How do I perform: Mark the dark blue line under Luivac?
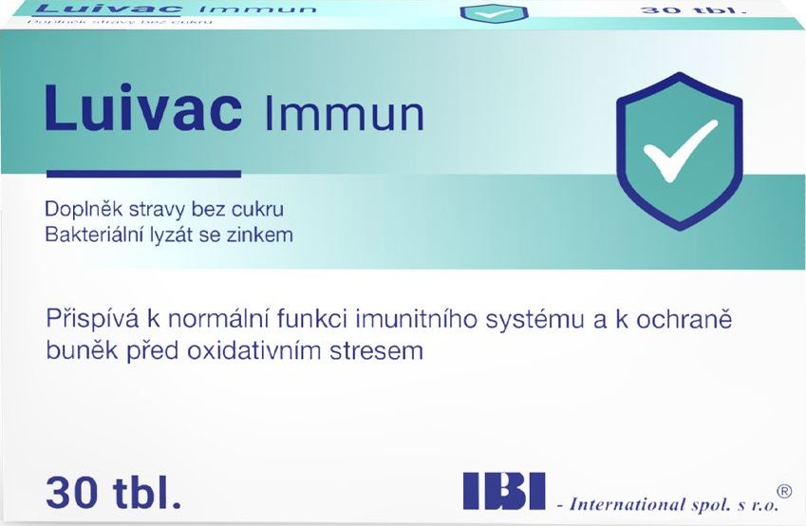coord(143,174)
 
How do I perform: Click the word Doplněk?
coord(79,209)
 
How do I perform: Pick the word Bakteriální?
coord(93,234)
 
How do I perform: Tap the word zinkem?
coord(266,234)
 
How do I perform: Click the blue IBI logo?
coord(503,490)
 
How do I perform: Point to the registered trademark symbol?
coord(784,491)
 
